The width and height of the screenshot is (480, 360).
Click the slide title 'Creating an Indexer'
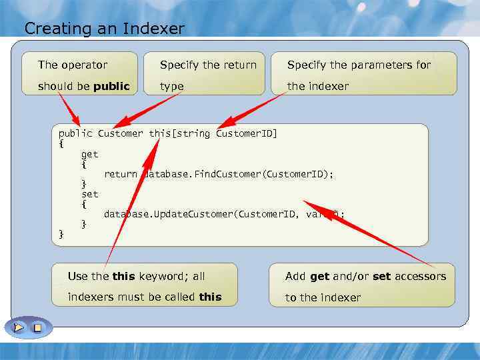point(104,29)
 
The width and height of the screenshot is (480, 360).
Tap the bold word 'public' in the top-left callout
point(111,87)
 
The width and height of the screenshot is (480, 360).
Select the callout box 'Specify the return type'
point(204,74)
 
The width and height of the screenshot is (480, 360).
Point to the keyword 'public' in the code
point(75,134)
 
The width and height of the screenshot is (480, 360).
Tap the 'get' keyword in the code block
point(89,154)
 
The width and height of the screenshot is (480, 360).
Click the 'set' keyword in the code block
point(89,194)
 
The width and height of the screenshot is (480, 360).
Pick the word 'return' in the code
point(120,174)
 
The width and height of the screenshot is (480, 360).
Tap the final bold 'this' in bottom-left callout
point(210,297)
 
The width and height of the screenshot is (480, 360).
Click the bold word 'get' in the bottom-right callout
point(319,276)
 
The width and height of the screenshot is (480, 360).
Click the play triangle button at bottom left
point(19,327)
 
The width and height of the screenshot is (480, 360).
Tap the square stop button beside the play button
point(37,327)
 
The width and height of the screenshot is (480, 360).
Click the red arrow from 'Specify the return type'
point(147,111)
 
